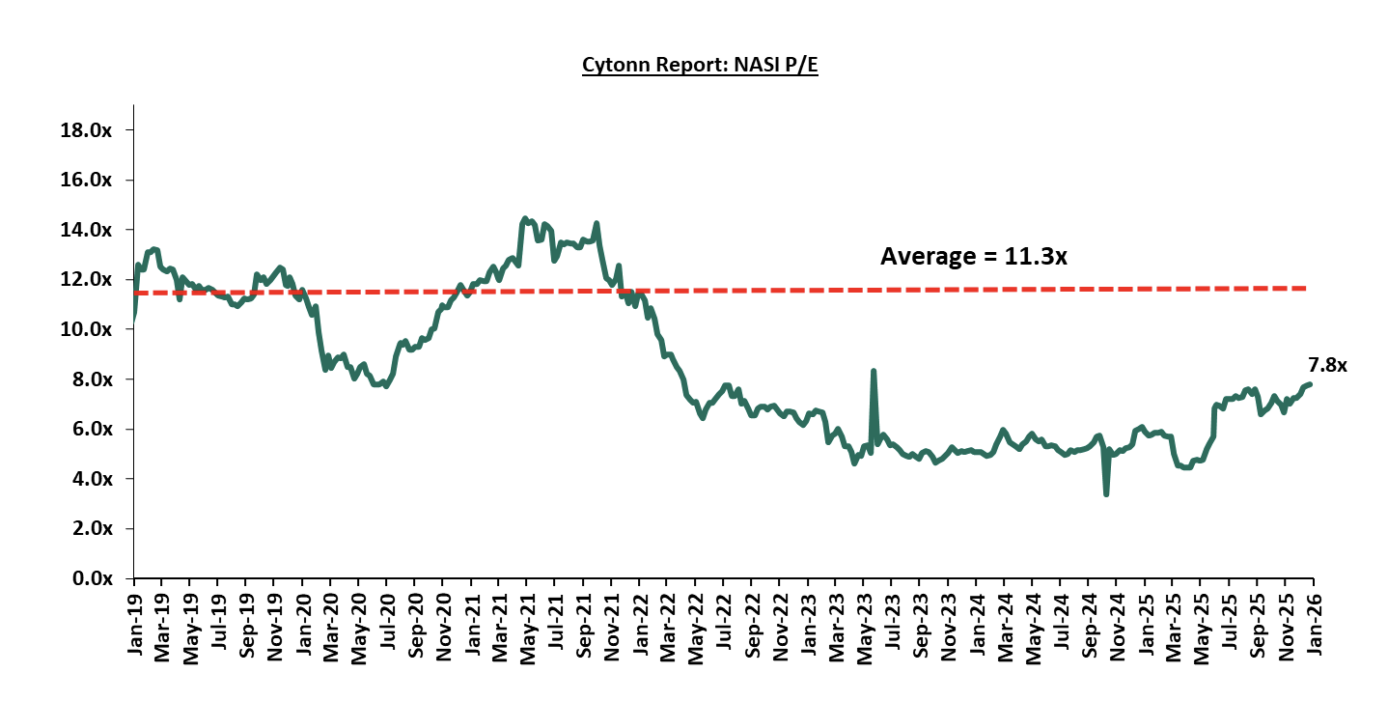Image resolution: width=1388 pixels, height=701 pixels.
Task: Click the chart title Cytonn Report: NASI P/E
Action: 700,66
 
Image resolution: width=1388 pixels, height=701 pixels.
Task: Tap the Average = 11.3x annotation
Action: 974,256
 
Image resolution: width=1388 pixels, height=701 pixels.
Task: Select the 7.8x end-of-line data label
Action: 1326,365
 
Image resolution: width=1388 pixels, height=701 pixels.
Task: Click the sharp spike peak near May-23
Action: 874,371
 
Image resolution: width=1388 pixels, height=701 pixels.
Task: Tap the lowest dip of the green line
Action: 1106,494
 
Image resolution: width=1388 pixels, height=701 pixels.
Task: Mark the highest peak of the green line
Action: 524,219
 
